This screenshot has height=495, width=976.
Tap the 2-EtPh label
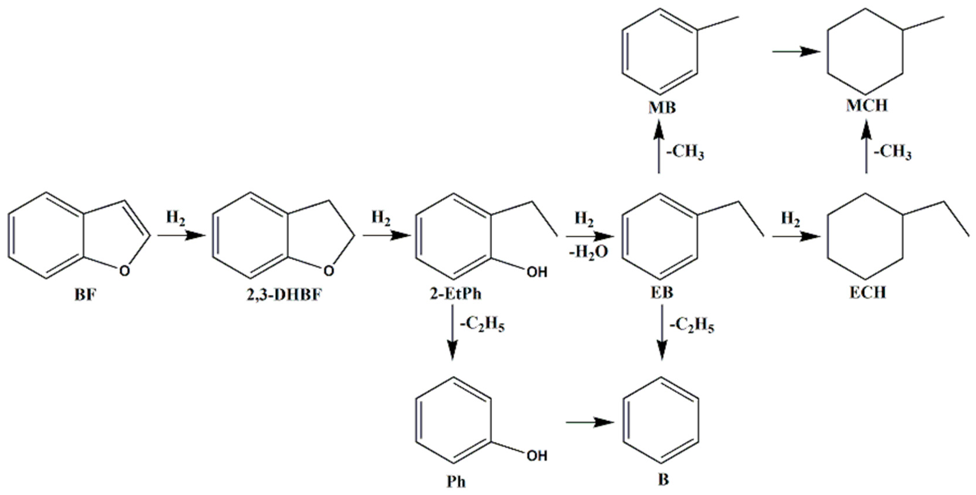pos(456,294)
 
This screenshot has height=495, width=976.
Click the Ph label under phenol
pos(456,482)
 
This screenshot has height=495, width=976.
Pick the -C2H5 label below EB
pos(692,326)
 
